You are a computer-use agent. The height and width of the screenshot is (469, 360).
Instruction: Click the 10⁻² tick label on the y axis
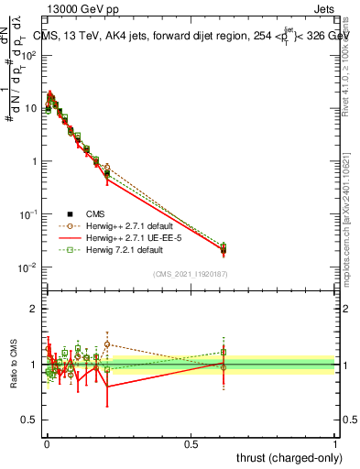click(27, 267)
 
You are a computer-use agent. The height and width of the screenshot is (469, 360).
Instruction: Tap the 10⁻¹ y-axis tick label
click(27, 214)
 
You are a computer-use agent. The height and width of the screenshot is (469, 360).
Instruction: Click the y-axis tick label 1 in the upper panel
click(34, 161)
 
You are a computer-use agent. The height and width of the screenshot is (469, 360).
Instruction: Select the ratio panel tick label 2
click(33, 309)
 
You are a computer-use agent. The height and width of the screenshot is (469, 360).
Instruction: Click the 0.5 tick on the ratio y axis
click(28, 420)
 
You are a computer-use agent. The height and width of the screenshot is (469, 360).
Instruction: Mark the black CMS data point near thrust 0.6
click(224, 250)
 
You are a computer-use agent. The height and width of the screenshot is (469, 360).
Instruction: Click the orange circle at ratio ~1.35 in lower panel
click(107, 344)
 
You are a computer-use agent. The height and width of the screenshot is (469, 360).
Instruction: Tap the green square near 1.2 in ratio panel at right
click(224, 352)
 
